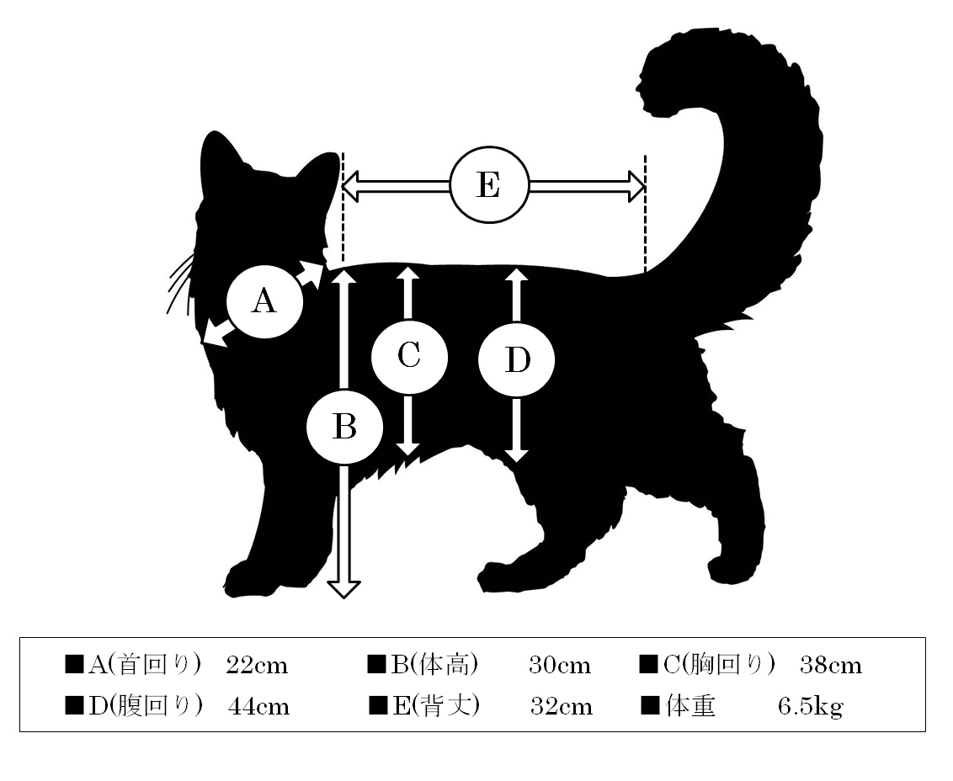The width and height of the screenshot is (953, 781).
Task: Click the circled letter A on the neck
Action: (x=264, y=300)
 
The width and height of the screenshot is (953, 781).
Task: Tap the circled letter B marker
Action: (x=344, y=427)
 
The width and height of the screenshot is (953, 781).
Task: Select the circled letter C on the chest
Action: (x=409, y=356)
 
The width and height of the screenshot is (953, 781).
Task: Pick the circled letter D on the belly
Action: (x=517, y=360)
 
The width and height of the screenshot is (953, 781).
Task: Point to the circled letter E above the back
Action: (x=489, y=185)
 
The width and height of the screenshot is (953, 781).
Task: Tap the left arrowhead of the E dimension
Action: (x=350, y=186)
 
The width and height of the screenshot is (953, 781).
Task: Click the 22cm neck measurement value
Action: (x=257, y=666)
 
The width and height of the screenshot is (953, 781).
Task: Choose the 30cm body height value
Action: (x=560, y=666)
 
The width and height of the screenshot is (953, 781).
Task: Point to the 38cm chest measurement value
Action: (x=831, y=666)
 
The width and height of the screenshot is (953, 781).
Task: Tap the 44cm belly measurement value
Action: (x=259, y=707)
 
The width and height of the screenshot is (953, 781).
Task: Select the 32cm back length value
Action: (x=562, y=707)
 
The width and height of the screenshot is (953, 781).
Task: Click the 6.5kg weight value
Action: (x=811, y=707)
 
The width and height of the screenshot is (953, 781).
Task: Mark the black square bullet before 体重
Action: (x=650, y=705)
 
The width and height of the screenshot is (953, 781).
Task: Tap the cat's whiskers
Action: (x=180, y=284)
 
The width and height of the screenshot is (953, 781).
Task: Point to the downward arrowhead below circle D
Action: (x=516, y=455)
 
